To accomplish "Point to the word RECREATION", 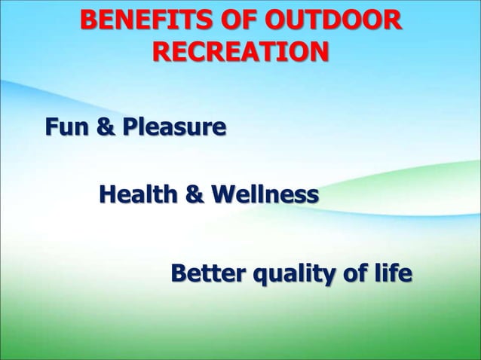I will pos(240,53).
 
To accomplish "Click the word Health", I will pos(138,197).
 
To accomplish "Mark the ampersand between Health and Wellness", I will pos(194,197).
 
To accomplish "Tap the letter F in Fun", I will pos(51,127).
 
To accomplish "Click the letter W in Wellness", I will pos(222,197).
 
